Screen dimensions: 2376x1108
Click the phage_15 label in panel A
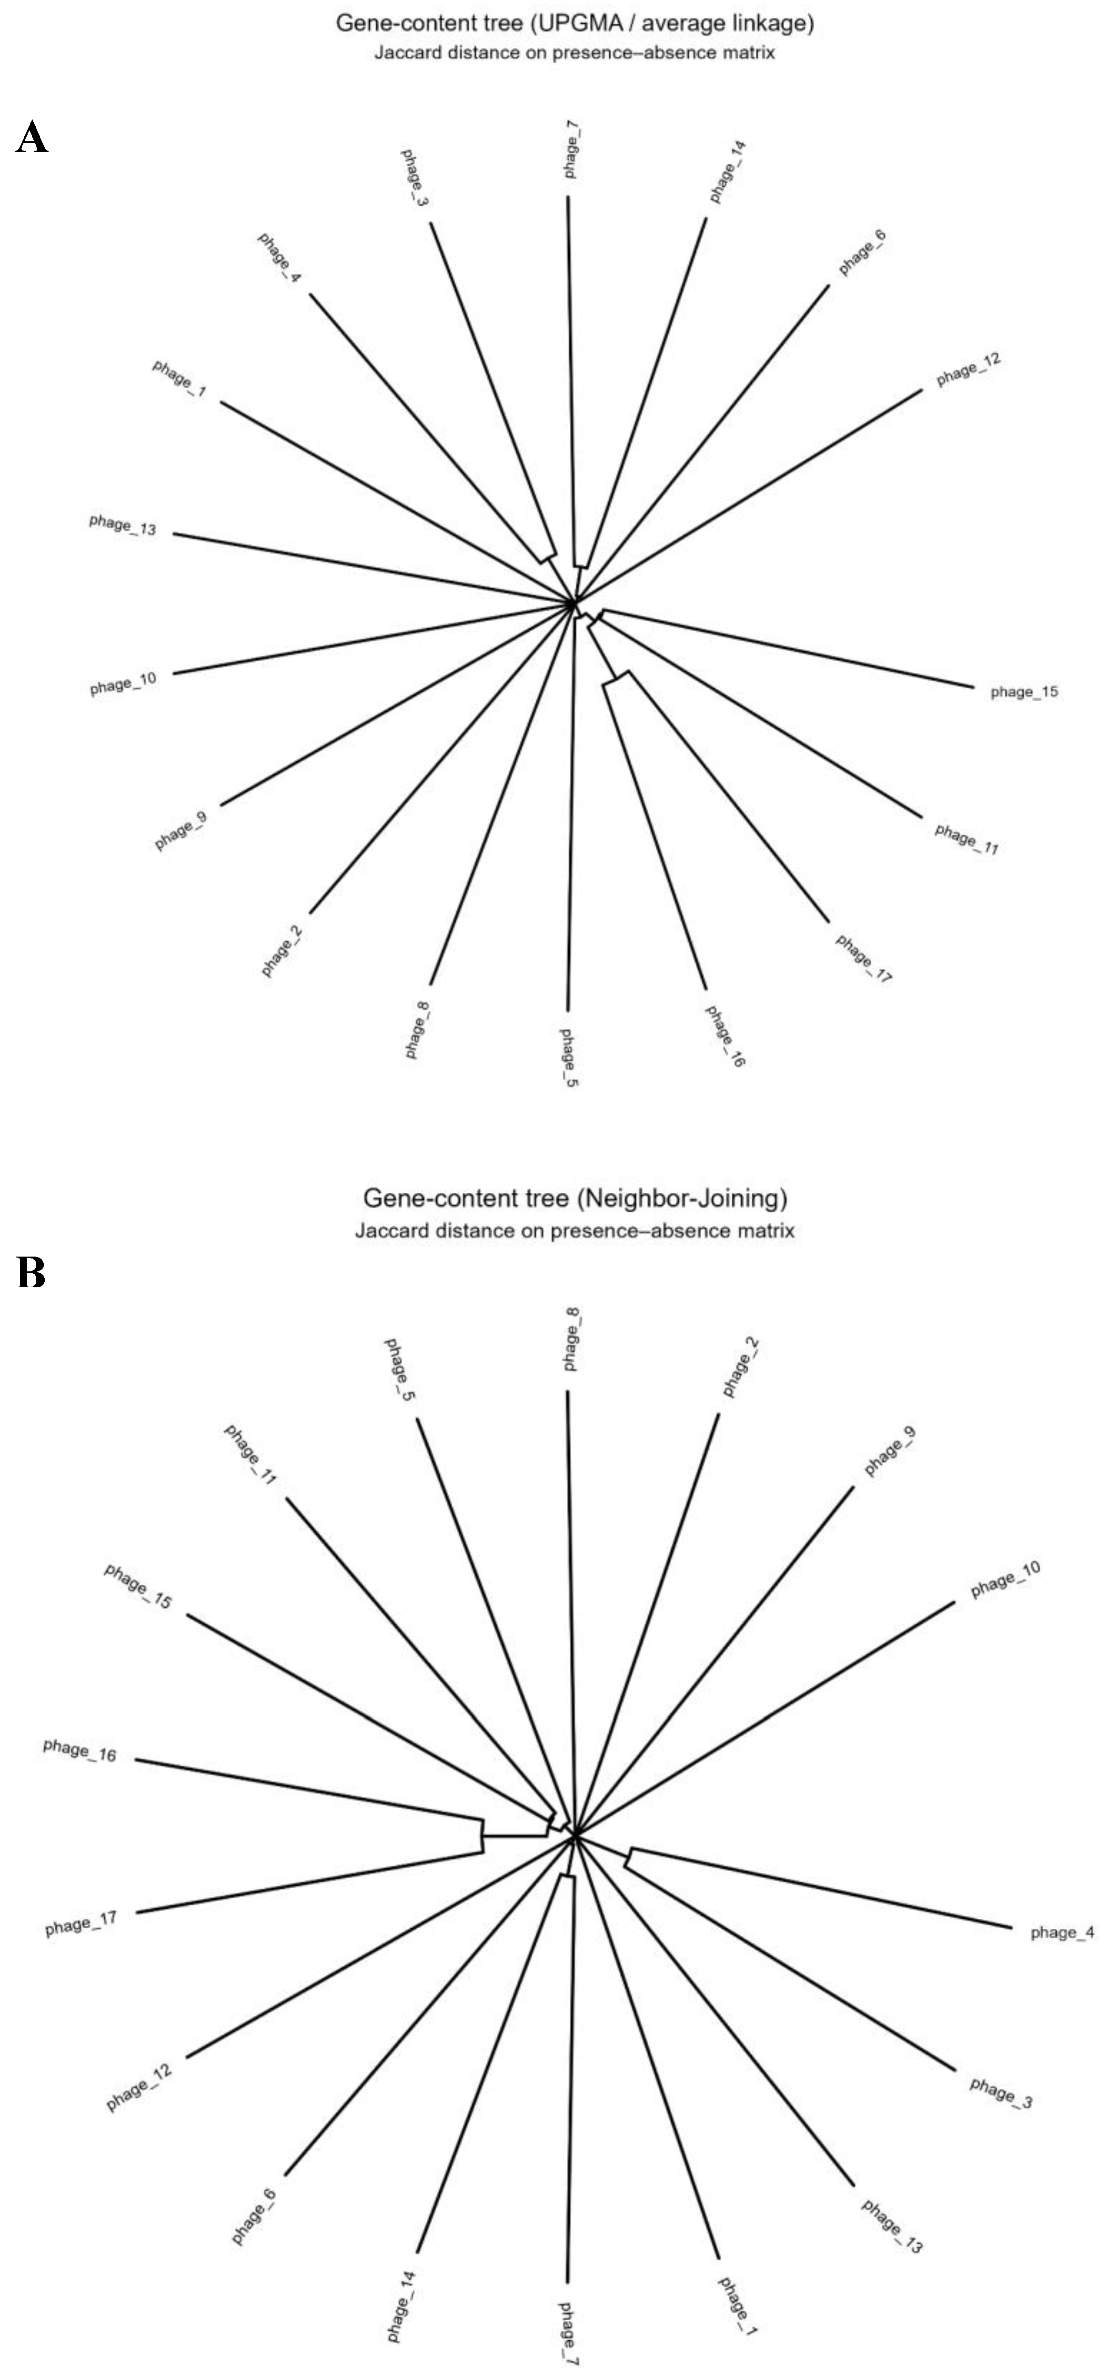[x=1024, y=692]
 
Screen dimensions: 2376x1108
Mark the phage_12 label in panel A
[x=969, y=370]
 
